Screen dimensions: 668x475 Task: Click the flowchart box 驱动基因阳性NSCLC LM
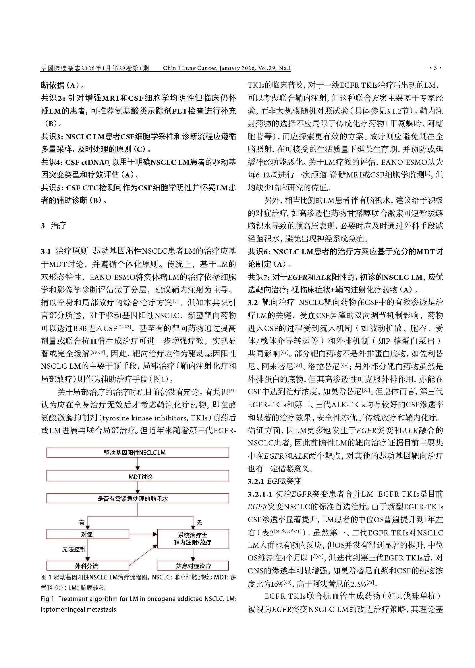tap(138, 452)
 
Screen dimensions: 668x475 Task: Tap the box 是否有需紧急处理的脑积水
tap(138, 498)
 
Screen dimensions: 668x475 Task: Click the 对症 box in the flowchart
tap(88, 534)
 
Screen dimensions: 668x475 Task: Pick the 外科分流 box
tap(88, 566)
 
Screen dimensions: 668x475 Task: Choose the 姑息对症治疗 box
tap(193, 566)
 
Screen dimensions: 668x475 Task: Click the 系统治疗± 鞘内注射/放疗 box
tap(193, 539)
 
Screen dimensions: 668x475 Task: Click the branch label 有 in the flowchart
tap(82, 522)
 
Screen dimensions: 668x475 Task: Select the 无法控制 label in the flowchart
tap(74, 550)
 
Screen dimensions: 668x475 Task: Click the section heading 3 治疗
tap(53, 225)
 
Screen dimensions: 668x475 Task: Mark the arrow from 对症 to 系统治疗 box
tap(143, 534)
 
